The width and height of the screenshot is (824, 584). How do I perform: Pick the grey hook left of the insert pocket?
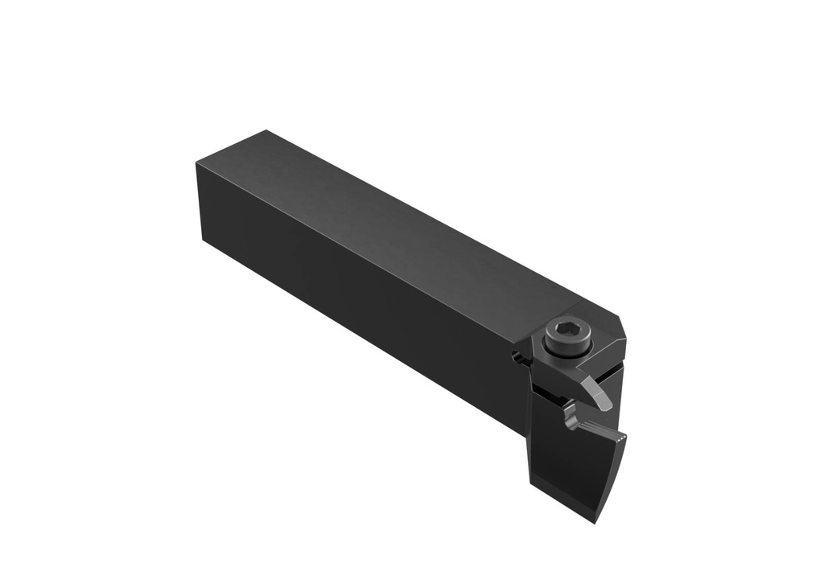pyautogui.click(x=571, y=417)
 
